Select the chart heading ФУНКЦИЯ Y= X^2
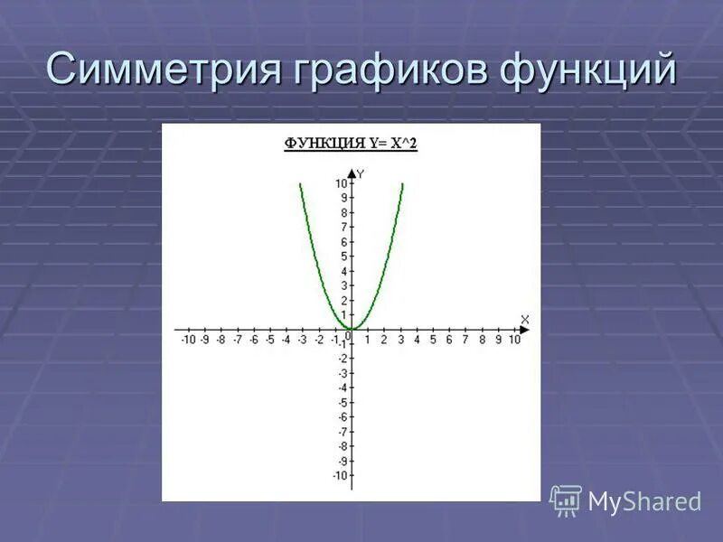coord(351,143)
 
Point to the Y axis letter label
coord(361,173)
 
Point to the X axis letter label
coord(525,319)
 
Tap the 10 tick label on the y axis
coord(340,183)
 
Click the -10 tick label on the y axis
coord(339,475)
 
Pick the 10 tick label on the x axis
coord(514,340)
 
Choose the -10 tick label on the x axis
coord(187,340)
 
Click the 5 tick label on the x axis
coord(433,340)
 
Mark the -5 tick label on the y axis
coord(342,402)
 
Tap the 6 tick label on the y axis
coord(343,242)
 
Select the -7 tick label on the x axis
coord(237,340)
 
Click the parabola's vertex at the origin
coord(352,330)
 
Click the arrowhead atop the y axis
coord(352,172)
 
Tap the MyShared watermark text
coord(644,501)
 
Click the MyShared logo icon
coord(566,500)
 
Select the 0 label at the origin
coord(347,336)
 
